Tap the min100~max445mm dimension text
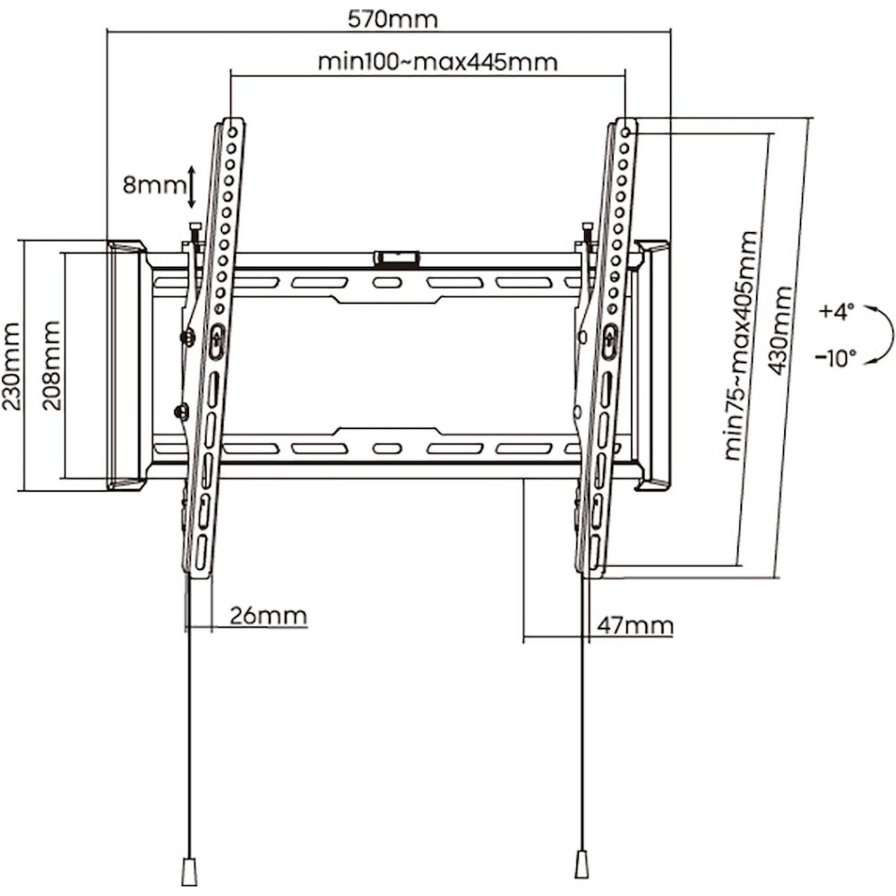coord(437,62)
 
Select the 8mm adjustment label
coord(153,185)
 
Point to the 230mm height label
coord(11,366)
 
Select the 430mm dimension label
coord(780,330)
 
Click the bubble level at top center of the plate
coord(397,258)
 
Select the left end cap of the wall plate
coord(125,365)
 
